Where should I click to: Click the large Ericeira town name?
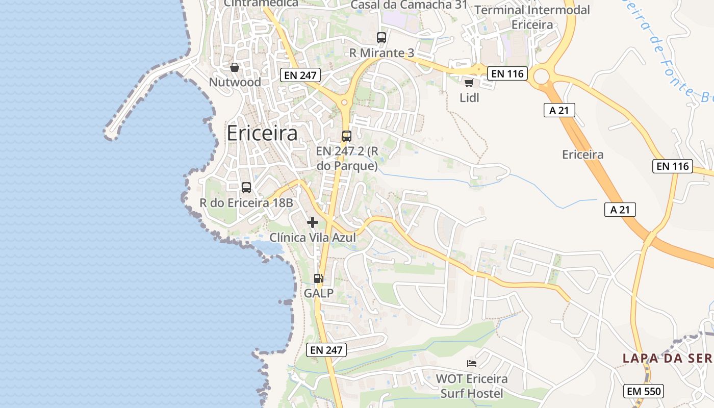coord(262,133)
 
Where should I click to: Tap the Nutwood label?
coord(235,82)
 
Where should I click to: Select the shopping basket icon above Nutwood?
coord(235,67)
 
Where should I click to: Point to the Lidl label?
coord(469,98)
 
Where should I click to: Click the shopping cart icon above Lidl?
coord(469,83)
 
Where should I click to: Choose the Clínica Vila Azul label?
coord(312,238)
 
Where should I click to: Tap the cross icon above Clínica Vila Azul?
coord(313,222)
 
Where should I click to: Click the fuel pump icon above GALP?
coord(319,278)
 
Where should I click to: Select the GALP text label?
coord(319,293)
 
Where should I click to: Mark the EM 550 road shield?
coord(644,392)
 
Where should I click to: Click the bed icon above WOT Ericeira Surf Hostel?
coord(472,364)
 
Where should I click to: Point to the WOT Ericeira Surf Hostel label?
coord(472,386)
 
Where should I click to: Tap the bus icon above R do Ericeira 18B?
coord(246,187)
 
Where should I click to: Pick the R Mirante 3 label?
coord(381,53)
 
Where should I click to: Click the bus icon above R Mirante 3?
coord(381,37)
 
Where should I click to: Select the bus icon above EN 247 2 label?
coord(347,136)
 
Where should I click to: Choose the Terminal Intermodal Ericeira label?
coord(532,17)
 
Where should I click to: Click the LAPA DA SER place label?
coord(668,358)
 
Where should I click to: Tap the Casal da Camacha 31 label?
coord(410,5)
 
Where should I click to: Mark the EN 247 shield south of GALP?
coord(326,350)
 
